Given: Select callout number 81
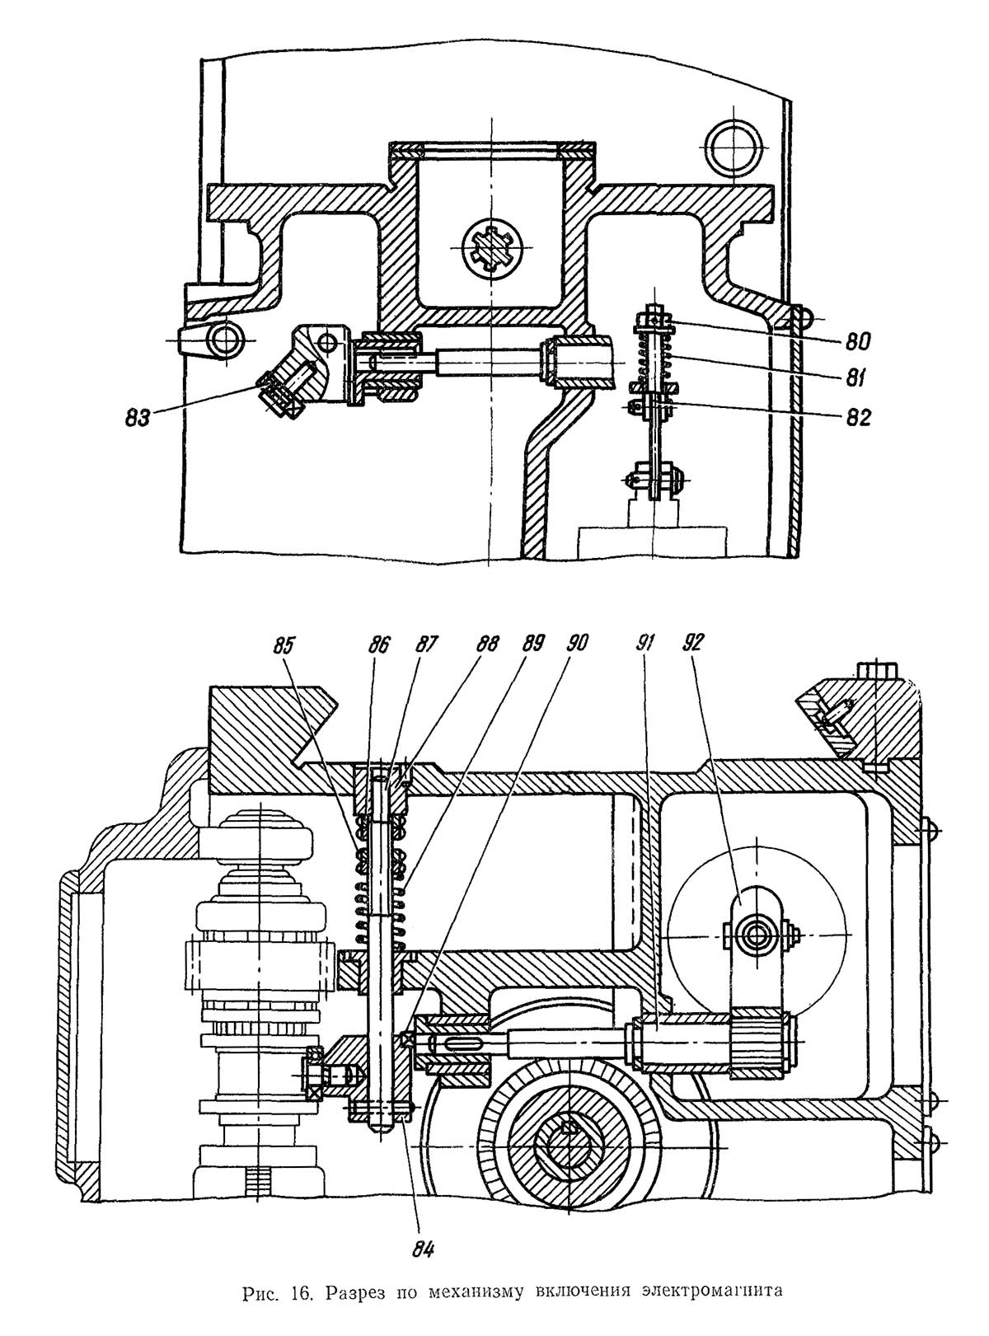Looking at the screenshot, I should click(x=853, y=378).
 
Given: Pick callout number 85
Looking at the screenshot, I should click(x=284, y=645).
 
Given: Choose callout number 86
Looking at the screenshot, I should click(x=379, y=645).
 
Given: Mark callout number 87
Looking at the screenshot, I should click(x=428, y=645).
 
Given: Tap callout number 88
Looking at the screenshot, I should click(x=488, y=645).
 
